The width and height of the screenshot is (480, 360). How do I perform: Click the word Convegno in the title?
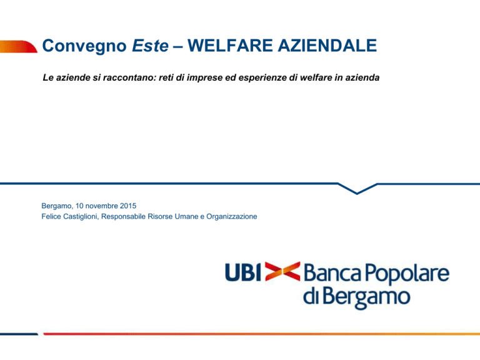84,46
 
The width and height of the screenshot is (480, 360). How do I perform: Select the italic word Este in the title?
150,46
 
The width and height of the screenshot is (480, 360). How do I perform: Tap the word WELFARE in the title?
230,46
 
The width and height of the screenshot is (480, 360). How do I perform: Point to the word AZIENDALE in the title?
327,46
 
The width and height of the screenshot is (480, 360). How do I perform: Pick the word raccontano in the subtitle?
130,77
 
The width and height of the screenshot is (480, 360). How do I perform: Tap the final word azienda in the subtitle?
362,77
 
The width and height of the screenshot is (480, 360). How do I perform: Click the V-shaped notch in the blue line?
357,193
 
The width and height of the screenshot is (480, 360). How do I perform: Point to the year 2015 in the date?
128,206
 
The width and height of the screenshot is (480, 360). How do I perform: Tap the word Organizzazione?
232,217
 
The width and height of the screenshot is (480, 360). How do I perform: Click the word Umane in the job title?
186,216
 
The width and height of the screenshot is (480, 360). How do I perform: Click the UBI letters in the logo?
243,272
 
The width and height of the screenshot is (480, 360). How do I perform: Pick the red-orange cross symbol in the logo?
282,271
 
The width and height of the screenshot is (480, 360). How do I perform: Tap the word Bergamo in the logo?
366,296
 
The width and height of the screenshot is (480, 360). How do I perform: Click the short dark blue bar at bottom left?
19,334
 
